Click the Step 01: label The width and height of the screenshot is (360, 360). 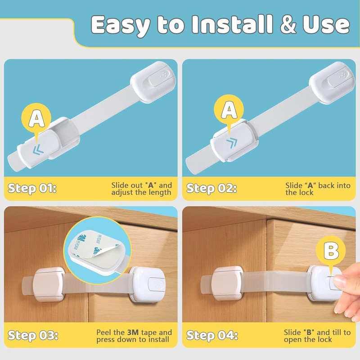tap(33, 189)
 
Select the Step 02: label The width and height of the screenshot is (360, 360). tap(211, 189)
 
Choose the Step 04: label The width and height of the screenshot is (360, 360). tap(212, 335)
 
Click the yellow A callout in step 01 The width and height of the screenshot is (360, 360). tap(37, 119)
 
